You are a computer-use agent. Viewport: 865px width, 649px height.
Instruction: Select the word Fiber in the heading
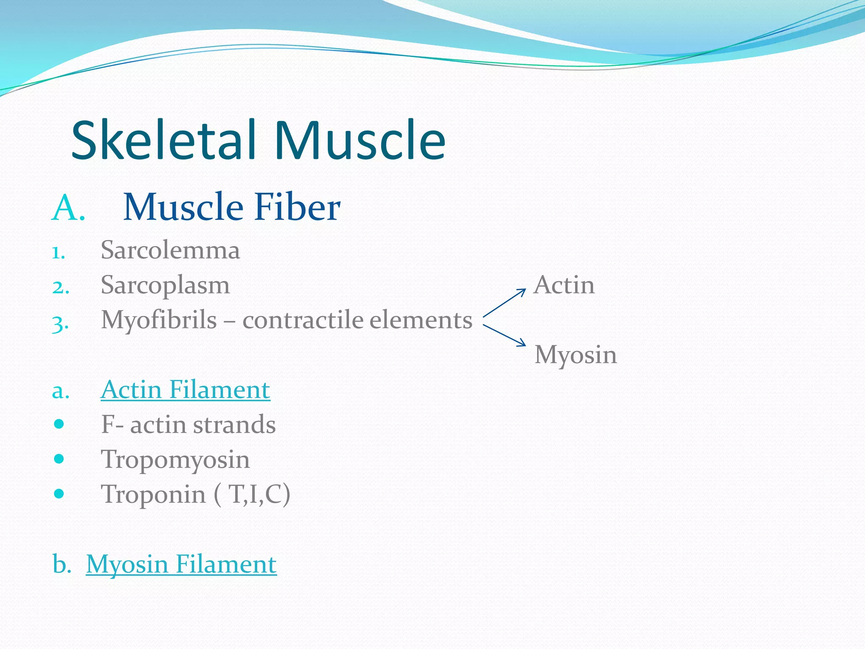297,207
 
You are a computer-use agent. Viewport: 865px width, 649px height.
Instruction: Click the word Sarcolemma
170,250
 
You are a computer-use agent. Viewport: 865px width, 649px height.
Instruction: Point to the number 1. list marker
59,253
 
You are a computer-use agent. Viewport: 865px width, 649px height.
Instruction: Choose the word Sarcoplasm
165,286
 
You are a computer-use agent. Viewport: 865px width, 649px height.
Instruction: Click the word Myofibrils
159,320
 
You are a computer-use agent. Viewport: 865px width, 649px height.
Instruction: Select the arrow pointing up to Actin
504,303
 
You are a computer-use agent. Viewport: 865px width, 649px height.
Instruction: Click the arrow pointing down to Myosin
504,335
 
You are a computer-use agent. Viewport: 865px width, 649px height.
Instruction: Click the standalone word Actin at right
564,285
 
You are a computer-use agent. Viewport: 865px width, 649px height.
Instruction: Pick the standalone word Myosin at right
575,355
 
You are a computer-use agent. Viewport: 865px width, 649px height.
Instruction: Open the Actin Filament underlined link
185,390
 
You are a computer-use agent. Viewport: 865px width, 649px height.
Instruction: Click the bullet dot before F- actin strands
59,424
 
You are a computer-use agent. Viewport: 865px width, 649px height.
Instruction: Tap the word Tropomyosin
175,460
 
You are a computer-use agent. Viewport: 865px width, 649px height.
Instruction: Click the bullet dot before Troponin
59,494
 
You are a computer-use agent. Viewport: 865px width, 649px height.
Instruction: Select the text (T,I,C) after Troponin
252,494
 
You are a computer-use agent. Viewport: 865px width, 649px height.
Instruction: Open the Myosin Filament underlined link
181,564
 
